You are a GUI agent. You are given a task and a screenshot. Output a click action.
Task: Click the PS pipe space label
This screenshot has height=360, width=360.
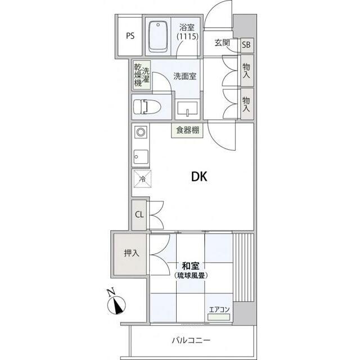click(130, 36)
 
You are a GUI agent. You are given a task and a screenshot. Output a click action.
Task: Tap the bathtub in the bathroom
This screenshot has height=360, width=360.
click(157, 37)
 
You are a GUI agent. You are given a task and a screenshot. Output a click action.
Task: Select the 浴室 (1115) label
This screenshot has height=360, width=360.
click(187, 32)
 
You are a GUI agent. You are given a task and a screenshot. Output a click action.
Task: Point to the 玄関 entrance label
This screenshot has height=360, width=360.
click(222, 43)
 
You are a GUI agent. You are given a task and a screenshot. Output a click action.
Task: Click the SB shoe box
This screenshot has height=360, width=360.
click(247, 45)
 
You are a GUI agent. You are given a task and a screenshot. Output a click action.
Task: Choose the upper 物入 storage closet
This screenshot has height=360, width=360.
click(247, 70)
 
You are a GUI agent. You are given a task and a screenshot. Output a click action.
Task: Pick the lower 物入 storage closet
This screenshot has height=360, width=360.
click(247, 103)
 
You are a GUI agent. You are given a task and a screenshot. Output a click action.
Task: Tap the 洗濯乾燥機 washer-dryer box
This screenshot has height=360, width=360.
click(142, 75)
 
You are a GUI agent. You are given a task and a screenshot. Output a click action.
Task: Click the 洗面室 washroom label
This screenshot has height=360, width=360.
click(185, 76)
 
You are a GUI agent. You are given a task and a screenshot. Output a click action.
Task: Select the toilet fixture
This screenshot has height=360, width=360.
click(147, 107)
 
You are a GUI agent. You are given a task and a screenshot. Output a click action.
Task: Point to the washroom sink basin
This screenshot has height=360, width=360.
click(187, 108)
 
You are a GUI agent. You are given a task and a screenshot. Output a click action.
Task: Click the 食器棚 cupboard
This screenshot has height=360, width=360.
click(187, 130)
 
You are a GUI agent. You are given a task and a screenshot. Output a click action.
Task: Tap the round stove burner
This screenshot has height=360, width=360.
click(141, 132)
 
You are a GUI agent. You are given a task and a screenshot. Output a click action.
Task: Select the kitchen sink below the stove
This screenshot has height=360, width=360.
click(141, 156)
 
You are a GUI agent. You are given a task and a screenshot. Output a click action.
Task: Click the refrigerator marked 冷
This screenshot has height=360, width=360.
click(142, 179)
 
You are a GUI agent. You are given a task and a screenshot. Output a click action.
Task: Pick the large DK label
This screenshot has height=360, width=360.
click(199, 177)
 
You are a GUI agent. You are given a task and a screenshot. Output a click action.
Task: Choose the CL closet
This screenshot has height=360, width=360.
click(139, 215)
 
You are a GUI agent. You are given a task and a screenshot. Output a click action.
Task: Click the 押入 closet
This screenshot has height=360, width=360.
click(130, 254)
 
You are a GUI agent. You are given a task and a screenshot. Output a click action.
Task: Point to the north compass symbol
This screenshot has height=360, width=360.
click(116, 304)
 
